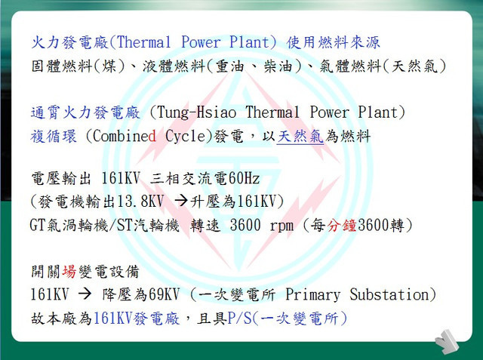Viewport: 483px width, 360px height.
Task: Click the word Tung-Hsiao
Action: (x=196, y=112)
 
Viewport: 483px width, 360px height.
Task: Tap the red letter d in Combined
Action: (x=152, y=136)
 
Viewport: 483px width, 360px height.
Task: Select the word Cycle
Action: (x=185, y=137)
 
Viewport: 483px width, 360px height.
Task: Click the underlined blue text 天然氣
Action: (x=300, y=137)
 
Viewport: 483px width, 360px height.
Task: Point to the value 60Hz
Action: (x=245, y=179)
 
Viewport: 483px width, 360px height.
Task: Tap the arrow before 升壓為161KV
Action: (x=181, y=201)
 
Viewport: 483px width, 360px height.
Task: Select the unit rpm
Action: (x=281, y=226)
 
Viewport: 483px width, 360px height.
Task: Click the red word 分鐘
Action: (x=342, y=225)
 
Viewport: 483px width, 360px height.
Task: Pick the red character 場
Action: (x=69, y=271)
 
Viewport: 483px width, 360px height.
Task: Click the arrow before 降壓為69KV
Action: (x=85, y=294)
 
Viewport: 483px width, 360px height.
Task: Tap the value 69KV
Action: (x=164, y=294)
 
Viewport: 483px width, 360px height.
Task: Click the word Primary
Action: (x=312, y=295)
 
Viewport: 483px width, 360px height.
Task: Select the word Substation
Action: (x=389, y=294)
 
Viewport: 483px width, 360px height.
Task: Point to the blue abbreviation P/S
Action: (x=240, y=318)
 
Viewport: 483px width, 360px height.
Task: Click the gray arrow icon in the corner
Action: (x=448, y=341)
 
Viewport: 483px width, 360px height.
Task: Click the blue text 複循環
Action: (x=54, y=137)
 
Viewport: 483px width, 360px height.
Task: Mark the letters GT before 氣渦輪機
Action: (x=38, y=226)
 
